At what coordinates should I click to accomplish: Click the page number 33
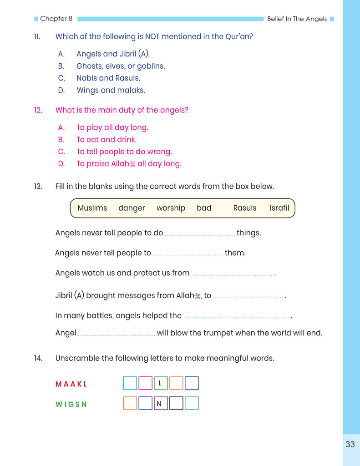(350, 445)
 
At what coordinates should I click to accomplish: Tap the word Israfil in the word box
(279, 208)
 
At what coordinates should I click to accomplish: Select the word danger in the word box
(132, 208)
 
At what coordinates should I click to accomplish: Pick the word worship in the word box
(171, 208)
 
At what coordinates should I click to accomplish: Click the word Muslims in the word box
(92, 208)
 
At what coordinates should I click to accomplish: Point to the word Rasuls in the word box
(245, 208)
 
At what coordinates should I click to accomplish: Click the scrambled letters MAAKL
(71, 384)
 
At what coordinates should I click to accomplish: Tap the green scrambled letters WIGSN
(71, 404)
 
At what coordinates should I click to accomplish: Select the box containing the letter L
(161, 384)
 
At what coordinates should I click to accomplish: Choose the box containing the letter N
(161, 404)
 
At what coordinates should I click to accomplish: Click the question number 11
(37, 36)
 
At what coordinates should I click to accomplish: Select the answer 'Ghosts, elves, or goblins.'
(121, 66)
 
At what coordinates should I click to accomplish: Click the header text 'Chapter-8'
(56, 19)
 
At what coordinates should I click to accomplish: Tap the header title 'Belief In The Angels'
(297, 19)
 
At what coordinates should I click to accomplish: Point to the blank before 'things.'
(200, 234)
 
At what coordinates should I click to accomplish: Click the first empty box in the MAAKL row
(130, 384)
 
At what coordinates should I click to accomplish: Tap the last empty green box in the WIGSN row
(192, 404)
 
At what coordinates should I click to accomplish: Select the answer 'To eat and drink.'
(106, 140)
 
